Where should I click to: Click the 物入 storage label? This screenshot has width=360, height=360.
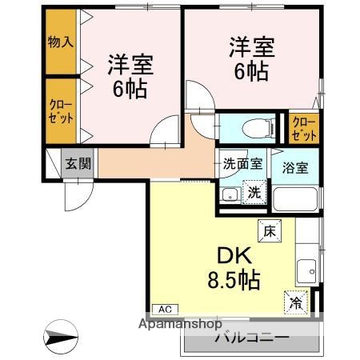60,42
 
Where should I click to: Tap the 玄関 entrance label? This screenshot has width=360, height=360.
78,165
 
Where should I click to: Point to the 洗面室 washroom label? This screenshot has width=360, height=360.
242,165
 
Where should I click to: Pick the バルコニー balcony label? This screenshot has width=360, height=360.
250,338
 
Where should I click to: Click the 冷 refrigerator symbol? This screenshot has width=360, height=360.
296,303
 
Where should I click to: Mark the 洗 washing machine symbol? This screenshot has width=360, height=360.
253,192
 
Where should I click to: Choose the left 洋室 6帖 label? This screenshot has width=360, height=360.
128,76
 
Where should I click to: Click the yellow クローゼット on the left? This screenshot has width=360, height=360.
60,110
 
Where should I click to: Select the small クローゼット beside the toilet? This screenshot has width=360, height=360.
305,127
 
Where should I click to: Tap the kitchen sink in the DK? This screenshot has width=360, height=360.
306,270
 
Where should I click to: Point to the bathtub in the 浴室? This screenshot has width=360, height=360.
295,198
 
